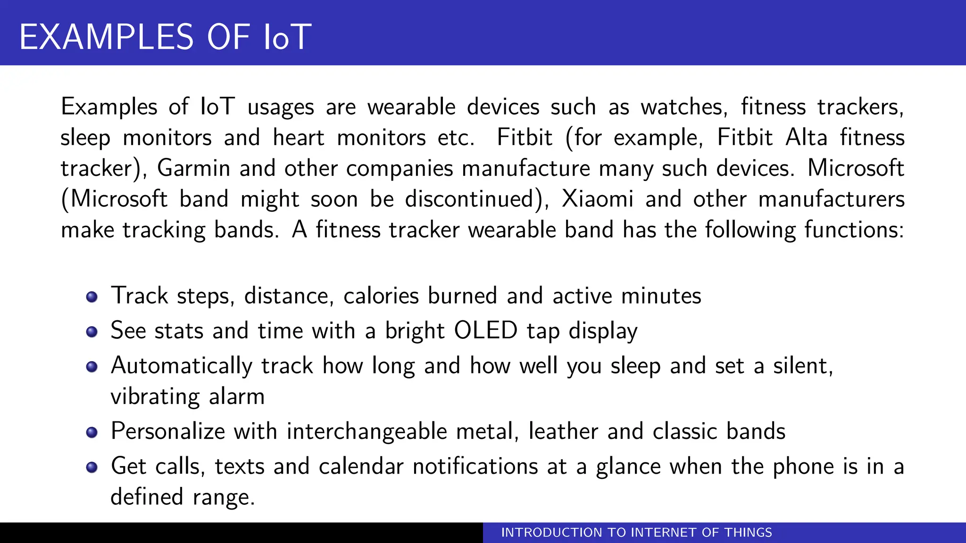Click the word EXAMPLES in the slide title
pos(106,37)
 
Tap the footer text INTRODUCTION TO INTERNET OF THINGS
pos(636,533)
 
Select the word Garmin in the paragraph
pos(193,168)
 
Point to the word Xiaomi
pos(597,199)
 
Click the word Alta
pos(806,138)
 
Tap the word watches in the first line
pos(681,107)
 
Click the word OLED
pos(486,330)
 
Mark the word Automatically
pos(182,366)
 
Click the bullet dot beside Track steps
pos(92,297)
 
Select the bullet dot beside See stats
pos(92,332)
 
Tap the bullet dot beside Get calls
pos(92,468)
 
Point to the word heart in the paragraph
pos(299,138)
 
